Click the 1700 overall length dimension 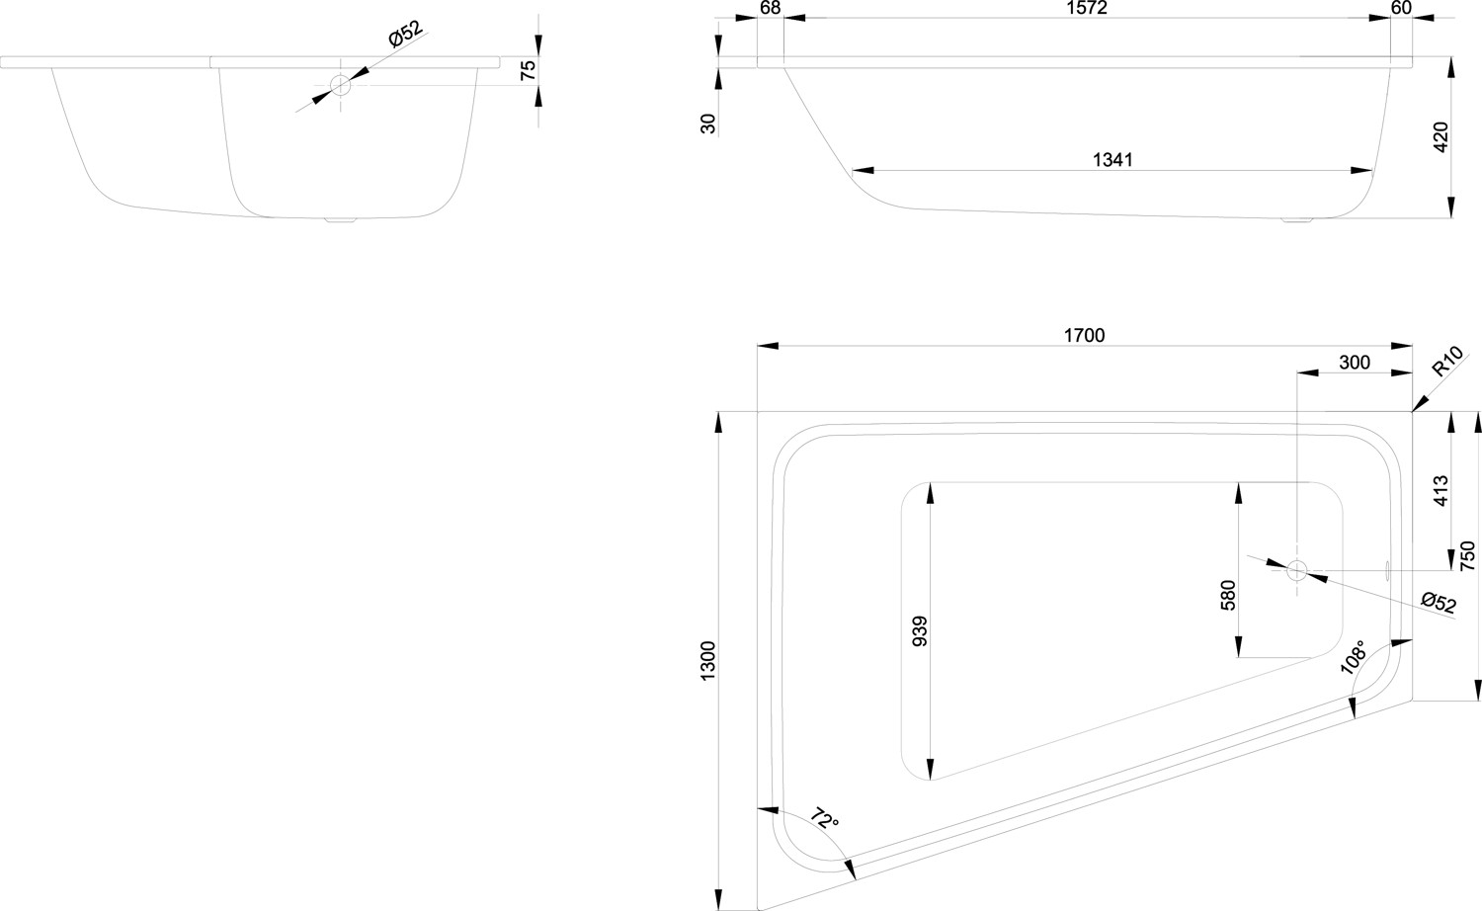[x=1084, y=336]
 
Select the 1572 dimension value [x=1087, y=8]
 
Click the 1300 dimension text [x=707, y=659]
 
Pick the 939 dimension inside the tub [x=920, y=629]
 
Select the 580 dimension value [x=1228, y=596]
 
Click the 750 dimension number [x=1467, y=556]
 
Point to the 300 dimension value [x=1354, y=363]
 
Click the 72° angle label [x=824, y=819]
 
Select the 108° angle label [x=1354, y=657]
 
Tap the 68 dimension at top [x=771, y=8]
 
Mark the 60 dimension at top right [x=1400, y=8]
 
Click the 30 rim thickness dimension [x=707, y=124]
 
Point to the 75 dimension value [x=528, y=69]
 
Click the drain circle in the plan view [x=1296, y=570]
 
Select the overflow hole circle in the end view [x=341, y=85]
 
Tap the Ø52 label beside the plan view [x=1439, y=603]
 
